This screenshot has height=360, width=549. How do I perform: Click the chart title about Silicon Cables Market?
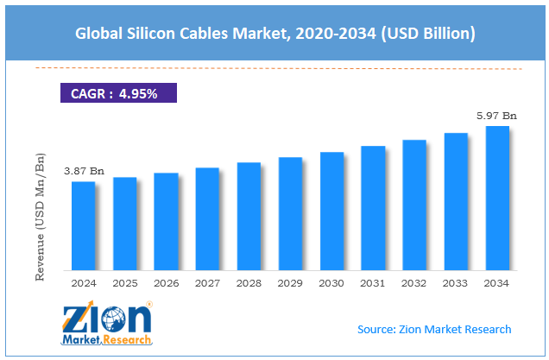[x=274, y=34]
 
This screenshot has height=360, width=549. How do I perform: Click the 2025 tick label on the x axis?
[x=124, y=282]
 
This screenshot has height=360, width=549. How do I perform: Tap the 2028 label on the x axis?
[x=249, y=282]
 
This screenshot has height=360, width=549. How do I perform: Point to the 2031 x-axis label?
[x=373, y=282]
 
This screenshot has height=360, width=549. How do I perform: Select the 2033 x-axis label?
[x=456, y=282]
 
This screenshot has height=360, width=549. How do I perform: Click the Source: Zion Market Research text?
[x=434, y=329]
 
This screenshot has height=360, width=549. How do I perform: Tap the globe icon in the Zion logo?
[x=113, y=322]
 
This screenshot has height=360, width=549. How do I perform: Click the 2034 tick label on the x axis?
[x=497, y=282]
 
